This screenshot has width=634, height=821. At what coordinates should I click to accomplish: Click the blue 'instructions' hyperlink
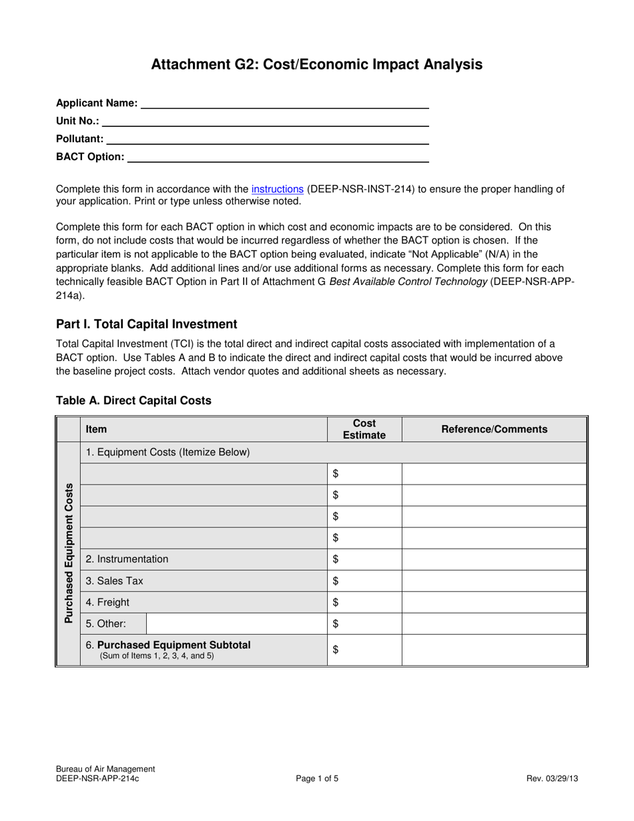277,189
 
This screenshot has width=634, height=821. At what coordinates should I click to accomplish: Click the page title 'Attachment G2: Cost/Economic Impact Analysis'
316,64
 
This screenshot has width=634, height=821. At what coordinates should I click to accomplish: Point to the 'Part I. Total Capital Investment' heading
146,324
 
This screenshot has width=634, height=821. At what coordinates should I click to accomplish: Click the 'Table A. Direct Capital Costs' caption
133,400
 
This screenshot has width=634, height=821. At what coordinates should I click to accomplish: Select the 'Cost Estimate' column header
364,429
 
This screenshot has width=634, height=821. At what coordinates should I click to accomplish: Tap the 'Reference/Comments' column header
494,429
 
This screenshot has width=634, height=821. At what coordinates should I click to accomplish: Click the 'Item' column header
96,429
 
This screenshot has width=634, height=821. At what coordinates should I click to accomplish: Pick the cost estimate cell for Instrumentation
364,559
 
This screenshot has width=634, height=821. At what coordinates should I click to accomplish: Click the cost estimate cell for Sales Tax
364,581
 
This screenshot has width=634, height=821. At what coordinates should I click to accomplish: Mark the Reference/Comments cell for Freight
494,602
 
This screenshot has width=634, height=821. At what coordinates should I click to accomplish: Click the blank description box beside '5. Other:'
236,624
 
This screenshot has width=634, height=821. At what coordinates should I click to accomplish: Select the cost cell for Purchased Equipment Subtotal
364,650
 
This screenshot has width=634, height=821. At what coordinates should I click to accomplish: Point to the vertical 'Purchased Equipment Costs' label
68,553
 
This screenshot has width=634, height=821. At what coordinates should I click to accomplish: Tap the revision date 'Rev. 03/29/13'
552,778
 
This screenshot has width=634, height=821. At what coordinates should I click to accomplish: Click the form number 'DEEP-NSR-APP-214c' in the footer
97,778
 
